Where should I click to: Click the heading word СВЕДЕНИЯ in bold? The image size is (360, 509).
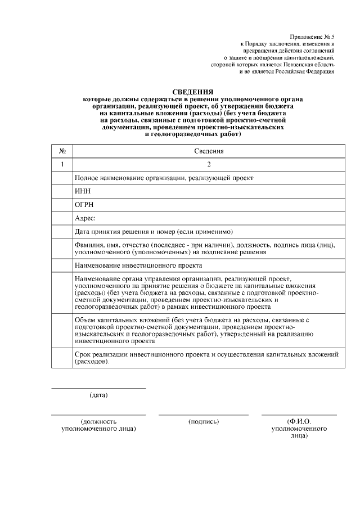tap(192, 92)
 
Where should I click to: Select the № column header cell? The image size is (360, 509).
tap(63, 151)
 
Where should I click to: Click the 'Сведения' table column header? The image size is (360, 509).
tap(209, 151)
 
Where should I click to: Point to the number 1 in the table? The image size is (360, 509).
tap(63, 164)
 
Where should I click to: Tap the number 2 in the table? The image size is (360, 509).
tap(209, 164)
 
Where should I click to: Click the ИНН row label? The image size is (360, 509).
tap(83, 191)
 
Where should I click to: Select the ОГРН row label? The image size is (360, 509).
tap(85, 205)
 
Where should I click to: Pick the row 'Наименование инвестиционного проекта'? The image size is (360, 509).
tap(138, 265)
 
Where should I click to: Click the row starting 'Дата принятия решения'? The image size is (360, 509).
tap(154, 232)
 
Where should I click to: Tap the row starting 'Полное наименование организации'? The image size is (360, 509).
tap(164, 178)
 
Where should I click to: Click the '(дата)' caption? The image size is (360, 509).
tap(98, 395)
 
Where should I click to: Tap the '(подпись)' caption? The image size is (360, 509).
tap(204, 421)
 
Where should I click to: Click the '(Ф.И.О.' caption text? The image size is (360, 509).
tap(299, 421)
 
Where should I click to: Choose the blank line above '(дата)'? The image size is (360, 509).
tap(98, 388)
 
